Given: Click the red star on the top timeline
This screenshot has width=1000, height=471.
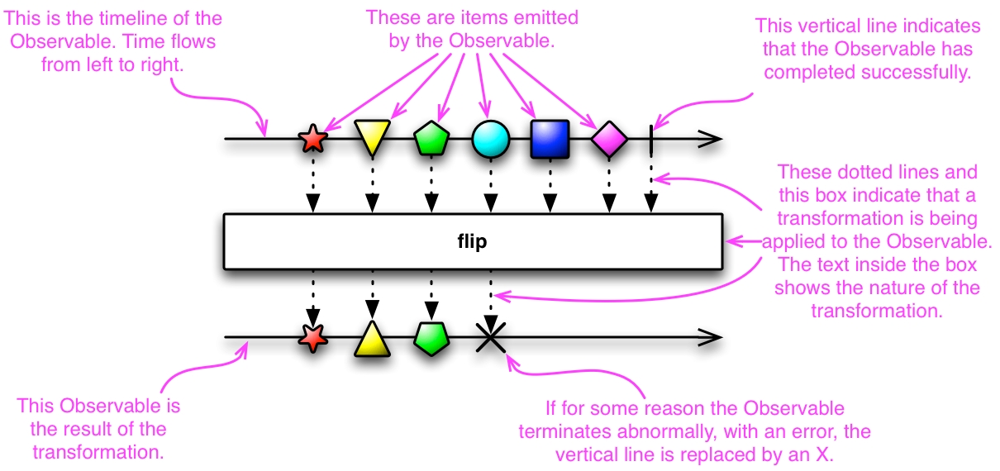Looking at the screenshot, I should click(313, 140).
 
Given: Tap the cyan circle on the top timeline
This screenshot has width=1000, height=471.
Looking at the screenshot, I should click(490, 140).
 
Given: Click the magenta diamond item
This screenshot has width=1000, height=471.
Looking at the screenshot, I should click(610, 140).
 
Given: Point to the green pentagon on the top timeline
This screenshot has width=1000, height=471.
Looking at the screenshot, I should click(431, 140).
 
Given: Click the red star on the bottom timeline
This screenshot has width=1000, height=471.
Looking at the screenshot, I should click(313, 337).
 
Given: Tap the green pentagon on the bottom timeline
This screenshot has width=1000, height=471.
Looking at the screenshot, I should click(431, 337).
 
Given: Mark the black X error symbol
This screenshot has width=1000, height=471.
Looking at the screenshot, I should click(490, 337).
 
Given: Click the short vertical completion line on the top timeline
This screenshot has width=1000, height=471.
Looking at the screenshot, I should click(652, 140).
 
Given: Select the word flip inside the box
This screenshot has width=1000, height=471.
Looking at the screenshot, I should click(473, 243).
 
